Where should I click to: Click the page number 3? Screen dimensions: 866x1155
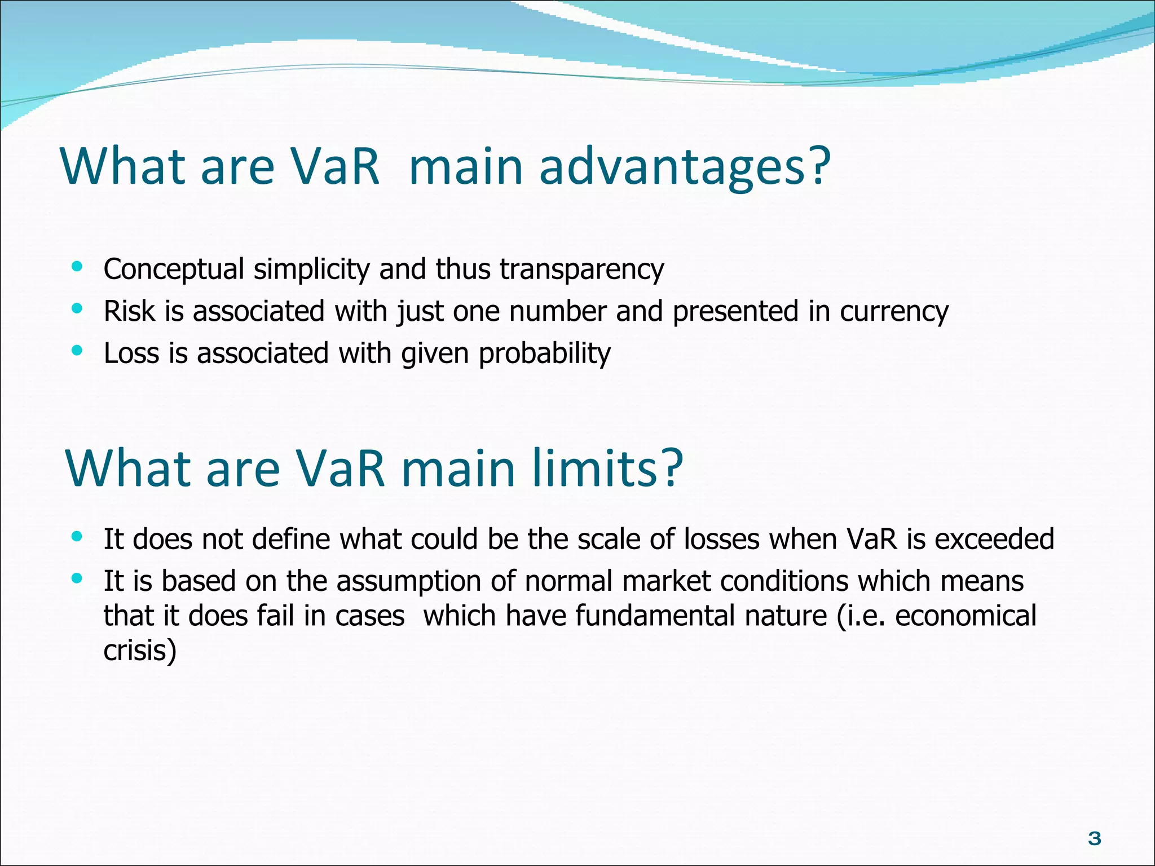click(1094, 839)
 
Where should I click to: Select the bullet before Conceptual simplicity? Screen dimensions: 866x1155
click(77, 266)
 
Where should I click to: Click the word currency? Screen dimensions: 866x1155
click(894, 312)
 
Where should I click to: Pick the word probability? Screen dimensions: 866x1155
click(544, 354)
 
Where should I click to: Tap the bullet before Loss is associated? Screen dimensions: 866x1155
click(77, 351)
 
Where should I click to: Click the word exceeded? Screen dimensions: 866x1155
click(994, 539)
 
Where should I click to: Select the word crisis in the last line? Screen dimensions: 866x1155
click(139, 651)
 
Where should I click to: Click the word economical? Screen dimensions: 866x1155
click(966, 616)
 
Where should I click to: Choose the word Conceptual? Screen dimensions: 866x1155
click(174, 269)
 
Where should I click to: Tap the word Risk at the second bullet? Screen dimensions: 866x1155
click(129, 311)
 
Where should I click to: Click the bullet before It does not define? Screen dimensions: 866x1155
click(77, 536)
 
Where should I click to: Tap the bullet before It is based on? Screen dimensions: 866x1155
click(77, 578)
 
